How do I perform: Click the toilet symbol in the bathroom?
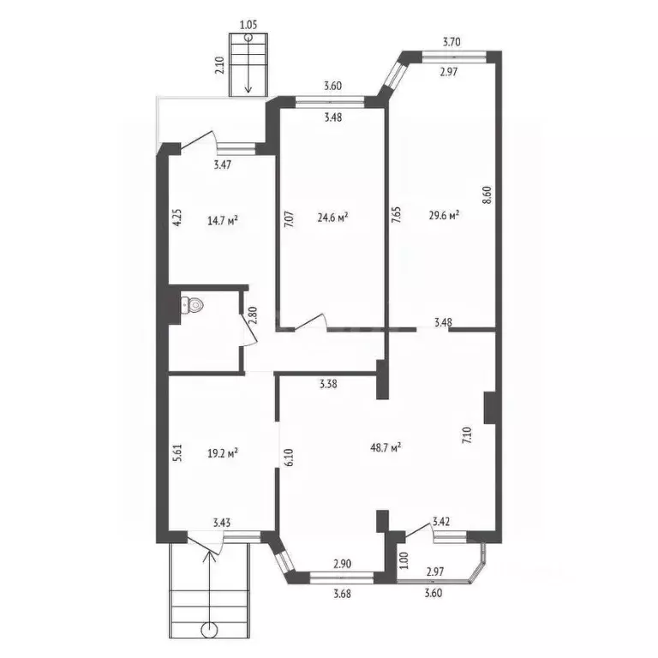point(192,305)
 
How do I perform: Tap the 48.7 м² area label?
point(386,447)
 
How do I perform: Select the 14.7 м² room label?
point(223,220)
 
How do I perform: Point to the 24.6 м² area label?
point(332,217)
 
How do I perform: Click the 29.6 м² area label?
point(444,215)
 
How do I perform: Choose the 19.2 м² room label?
point(223,452)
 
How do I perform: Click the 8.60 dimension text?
point(487,195)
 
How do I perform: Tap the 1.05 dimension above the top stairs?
point(248,25)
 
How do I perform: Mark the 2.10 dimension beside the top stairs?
point(220,65)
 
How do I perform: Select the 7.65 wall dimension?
point(396,214)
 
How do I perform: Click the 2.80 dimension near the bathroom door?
point(252,315)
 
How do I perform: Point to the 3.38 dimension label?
point(328,384)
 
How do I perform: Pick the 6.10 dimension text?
point(290,458)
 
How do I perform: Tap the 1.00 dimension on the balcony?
point(404,559)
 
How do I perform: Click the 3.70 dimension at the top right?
point(452,42)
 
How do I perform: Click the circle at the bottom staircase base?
point(209,630)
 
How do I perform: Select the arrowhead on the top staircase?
point(248,88)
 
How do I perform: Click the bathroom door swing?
point(248,330)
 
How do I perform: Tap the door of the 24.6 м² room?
point(311,321)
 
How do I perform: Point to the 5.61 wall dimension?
point(178,453)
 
